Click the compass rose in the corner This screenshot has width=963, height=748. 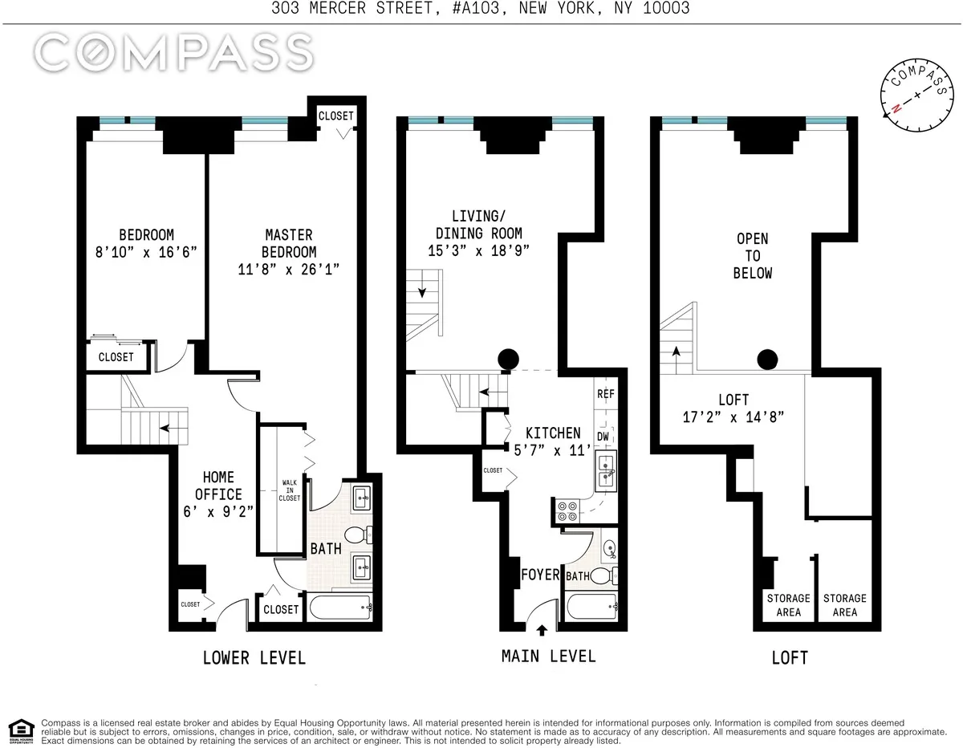(916, 95)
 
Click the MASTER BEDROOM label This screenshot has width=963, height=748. (289, 252)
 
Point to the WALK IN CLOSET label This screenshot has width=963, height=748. (289, 490)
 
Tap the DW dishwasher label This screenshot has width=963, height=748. (604, 437)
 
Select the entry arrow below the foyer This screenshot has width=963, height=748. (542, 630)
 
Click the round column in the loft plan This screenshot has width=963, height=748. (767, 360)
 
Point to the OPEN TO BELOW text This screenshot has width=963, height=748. (753, 256)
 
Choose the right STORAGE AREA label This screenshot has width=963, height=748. (844, 605)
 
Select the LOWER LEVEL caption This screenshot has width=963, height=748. (254, 658)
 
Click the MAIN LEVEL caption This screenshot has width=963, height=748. (549, 657)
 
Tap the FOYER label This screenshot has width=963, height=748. (540, 575)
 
